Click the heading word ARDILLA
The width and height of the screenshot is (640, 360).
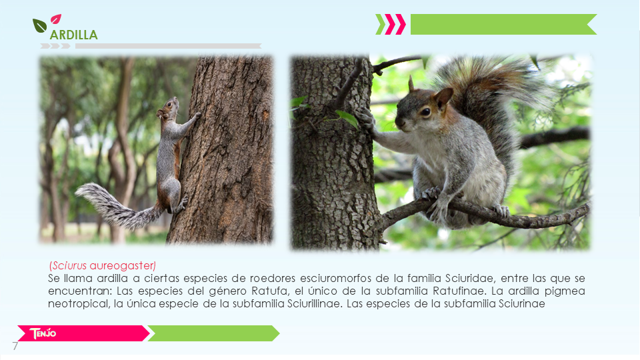[x=74, y=35]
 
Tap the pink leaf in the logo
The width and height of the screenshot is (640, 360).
[x=56, y=19]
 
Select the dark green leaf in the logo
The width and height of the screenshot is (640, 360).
[x=39, y=26]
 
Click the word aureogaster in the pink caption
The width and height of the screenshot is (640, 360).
[x=121, y=266]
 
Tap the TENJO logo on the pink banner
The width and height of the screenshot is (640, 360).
[x=43, y=333]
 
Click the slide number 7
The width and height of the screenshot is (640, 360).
[x=15, y=346]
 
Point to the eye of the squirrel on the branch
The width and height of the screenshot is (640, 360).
[x=425, y=111]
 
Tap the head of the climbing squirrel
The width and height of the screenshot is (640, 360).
[x=168, y=107]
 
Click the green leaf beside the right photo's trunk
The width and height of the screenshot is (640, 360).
[x=347, y=119]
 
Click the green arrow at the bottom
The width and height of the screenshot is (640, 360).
[x=213, y=333]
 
